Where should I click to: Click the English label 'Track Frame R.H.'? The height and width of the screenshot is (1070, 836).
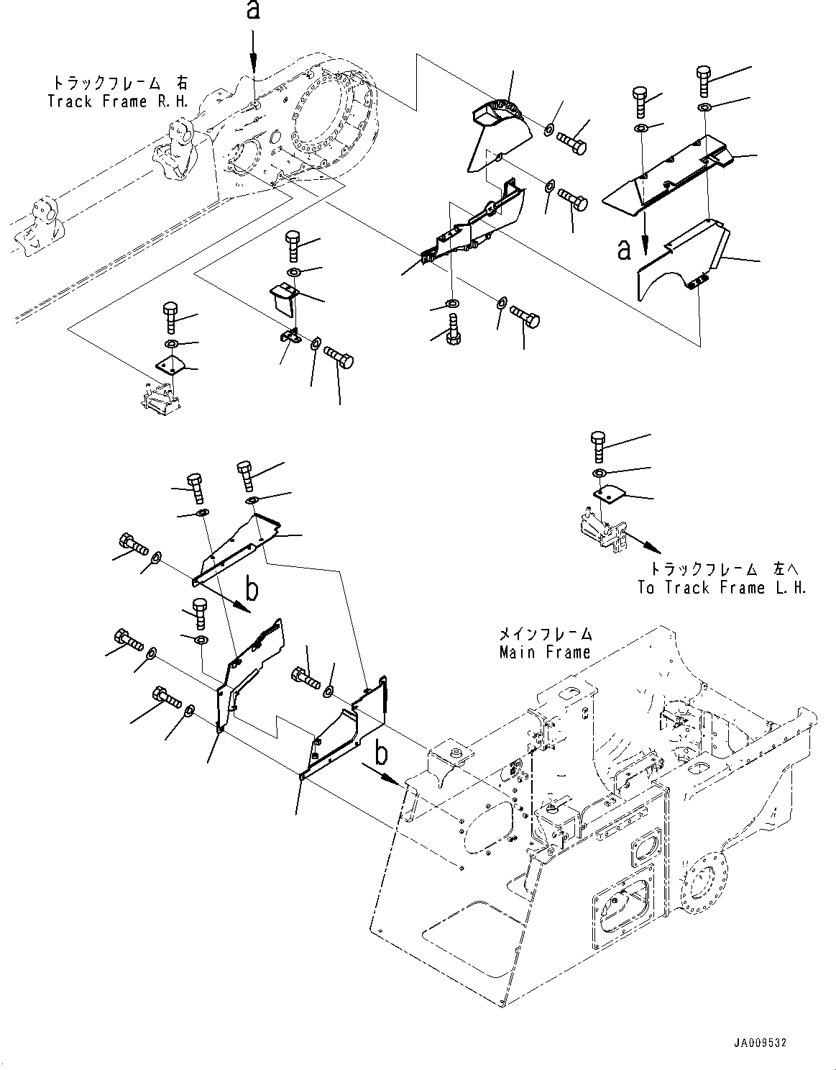tap(118, 101)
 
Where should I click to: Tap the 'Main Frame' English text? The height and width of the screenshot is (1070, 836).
tap(545, 653)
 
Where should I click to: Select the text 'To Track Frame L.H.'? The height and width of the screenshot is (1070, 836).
tap(722, 588)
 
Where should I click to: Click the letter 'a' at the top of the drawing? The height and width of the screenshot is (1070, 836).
tap(252, 12)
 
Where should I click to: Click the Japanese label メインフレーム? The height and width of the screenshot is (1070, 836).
tap(546, 635)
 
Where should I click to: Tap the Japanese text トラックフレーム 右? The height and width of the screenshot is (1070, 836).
tap(118, 83)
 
